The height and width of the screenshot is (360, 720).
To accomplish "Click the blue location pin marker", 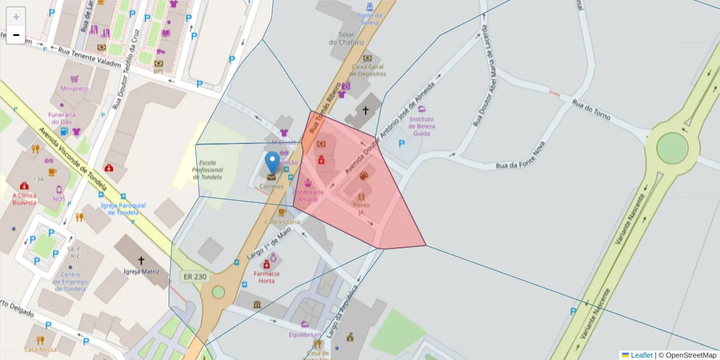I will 272,161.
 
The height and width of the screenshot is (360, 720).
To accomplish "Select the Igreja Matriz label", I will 142,271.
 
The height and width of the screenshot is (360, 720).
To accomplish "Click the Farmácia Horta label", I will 267,277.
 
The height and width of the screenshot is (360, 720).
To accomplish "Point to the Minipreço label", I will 74,88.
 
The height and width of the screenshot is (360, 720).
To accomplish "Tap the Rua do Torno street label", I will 591,110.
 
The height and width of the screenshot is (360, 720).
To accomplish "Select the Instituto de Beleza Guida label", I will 421,126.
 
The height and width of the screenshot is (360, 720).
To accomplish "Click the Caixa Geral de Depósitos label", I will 368,70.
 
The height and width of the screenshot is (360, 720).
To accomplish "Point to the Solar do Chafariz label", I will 346,38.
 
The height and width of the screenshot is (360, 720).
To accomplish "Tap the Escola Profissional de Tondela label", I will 207,170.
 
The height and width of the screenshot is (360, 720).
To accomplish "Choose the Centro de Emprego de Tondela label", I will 70,282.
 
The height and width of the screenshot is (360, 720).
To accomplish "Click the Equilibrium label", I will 305,334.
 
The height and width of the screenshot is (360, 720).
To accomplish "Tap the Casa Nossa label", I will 41,349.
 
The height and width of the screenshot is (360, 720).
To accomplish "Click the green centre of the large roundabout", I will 672,147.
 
